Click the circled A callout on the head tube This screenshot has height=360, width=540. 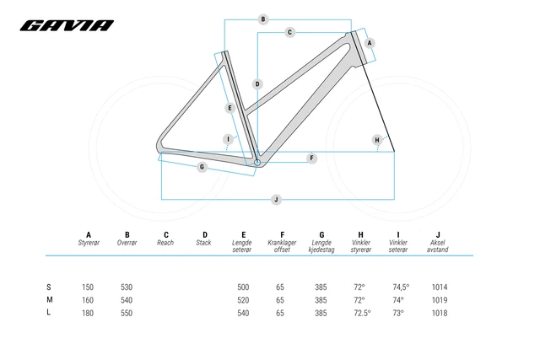click(370, 42)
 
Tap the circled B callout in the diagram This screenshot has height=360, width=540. click(263, 19)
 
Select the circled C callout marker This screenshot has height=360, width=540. click(289, 32)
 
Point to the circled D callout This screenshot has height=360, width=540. click(257, 83)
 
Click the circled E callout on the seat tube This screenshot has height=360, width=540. click(229, 108)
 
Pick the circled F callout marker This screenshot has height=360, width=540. click(312, 158)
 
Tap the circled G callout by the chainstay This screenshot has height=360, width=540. click(202, 167)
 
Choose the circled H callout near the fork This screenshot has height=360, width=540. click(376, 139)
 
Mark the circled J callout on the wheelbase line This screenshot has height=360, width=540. click(276, 199)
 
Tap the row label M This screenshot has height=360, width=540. click(50, 299)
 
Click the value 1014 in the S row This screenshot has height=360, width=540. click(439, 287)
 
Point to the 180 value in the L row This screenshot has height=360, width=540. click(89, 313)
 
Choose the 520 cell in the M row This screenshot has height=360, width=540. click(243, 300)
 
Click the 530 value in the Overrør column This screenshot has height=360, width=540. click(127, 287)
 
